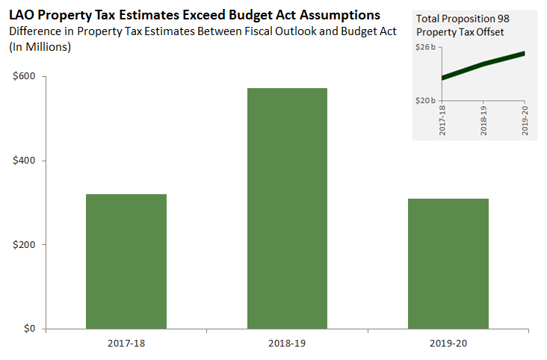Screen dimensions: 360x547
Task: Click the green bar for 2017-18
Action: pyautogui.click(x=126, y=261)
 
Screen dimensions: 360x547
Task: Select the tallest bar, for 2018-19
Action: pyautogui.click(x=287, y=208)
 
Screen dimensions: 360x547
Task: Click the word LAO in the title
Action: pyautogui.click(x=22, y=14)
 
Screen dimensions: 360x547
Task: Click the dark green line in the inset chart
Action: pyautogui.click(x=483, y=64)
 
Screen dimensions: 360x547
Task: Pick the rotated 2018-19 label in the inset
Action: pyautogui.click(x=483, y=119)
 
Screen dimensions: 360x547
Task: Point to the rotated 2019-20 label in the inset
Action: pyautogui.click(x=525, y=119)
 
